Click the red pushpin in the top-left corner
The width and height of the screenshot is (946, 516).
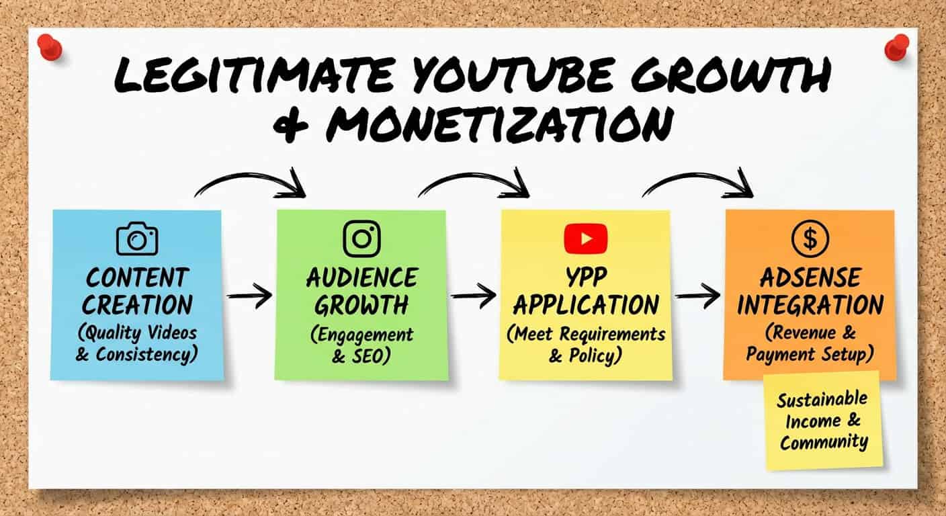coord(50,47)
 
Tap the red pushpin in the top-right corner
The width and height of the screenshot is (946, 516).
coord(896,47)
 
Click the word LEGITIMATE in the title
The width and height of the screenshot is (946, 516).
coord(254,75)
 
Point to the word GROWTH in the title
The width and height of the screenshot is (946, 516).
coord(730,75)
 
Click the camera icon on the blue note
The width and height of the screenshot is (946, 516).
coord(137,239)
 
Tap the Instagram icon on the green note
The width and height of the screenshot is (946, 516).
coord(361,239)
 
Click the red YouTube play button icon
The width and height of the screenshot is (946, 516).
coord(586,239)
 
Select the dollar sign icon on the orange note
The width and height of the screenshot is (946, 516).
coord(810,239)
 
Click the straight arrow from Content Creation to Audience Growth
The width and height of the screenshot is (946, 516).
coord(249,296)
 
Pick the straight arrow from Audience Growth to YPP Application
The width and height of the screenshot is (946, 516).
coord(474,296)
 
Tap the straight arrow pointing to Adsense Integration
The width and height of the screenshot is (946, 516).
coord(697,296)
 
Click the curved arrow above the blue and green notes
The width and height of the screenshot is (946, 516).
coord(249,177)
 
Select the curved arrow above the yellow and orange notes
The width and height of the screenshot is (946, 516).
coord(697,177)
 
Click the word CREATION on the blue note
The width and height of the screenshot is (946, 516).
coord(137,305)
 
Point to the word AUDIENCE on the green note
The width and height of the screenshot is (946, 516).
coord(362,277)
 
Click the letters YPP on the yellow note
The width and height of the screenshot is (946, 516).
coord(586,277)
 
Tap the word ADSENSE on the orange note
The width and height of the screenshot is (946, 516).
coord(810,277)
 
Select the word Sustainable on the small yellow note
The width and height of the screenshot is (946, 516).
coord(822,400)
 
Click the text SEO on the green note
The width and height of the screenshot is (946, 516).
coord(368,356)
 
